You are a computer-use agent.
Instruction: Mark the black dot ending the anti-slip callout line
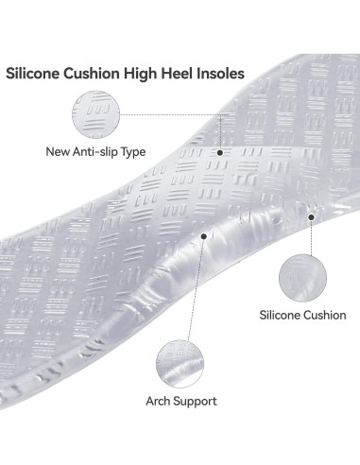219,151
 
